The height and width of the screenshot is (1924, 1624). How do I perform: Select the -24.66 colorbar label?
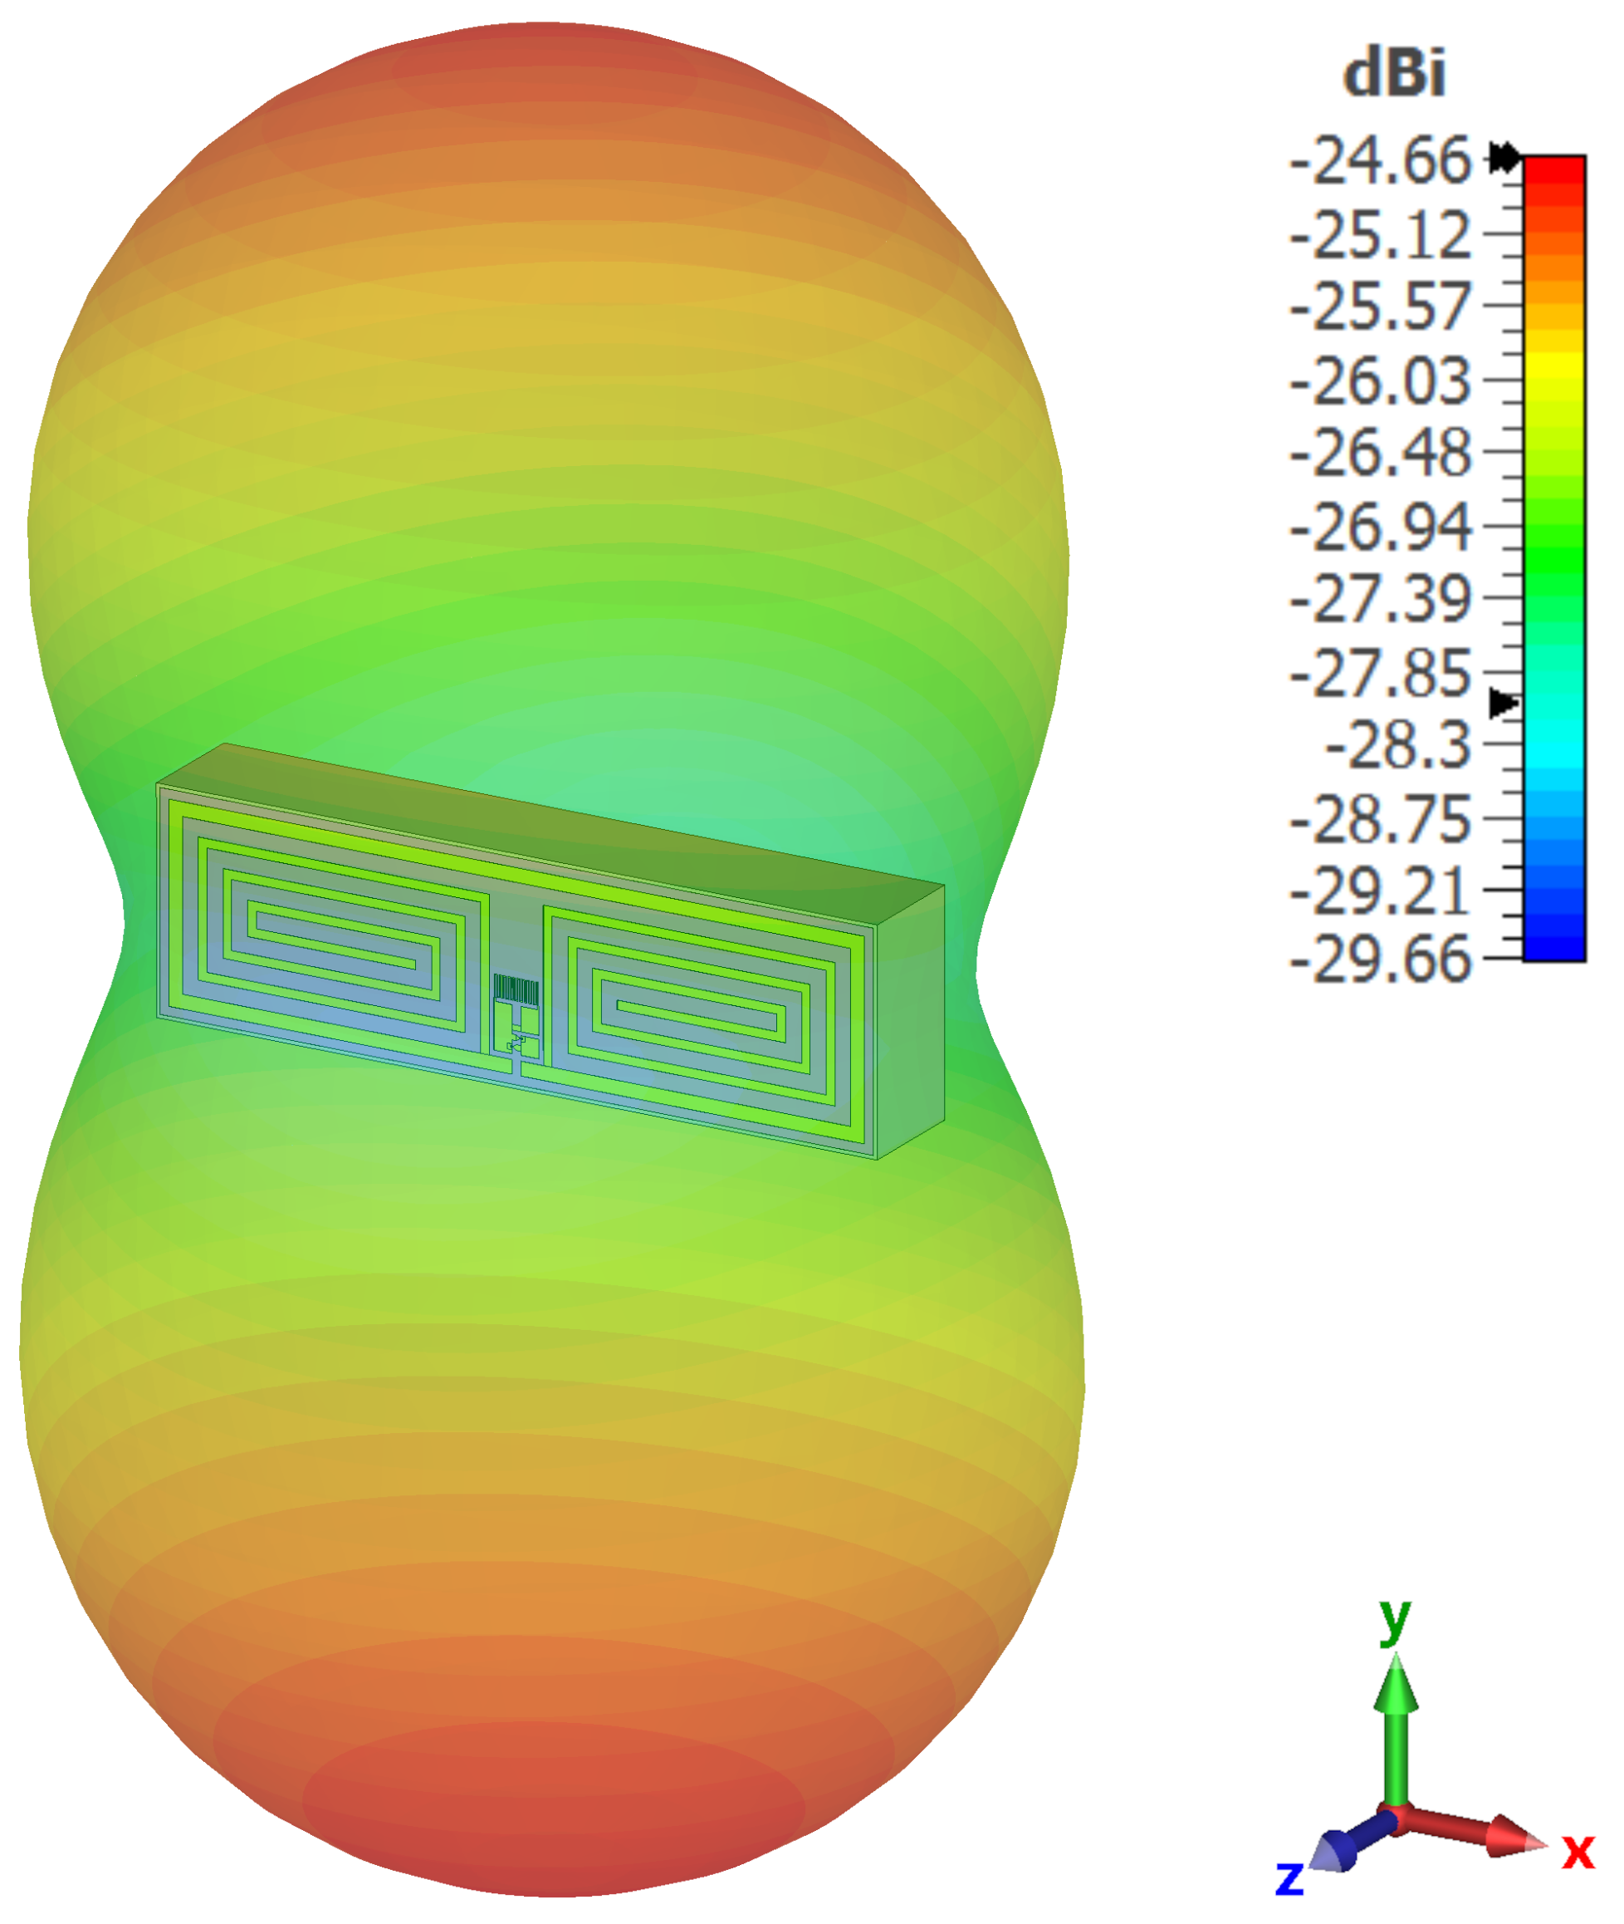(1380, 161)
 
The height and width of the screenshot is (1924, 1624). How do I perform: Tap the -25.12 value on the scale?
(1380, 235)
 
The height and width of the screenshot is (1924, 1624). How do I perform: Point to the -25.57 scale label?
(1380, 307)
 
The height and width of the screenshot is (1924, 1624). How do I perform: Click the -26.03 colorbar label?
(1380, 380)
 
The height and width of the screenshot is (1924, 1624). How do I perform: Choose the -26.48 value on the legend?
(1380, 453)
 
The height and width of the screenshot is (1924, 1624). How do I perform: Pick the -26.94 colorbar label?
(1380, 527)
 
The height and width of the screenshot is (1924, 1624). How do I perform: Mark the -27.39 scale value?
(1380, 599)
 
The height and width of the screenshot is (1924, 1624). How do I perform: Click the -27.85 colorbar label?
(1380, 672)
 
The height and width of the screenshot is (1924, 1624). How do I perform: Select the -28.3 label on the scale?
(1397, 744)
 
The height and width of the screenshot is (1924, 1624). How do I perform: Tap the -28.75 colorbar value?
(1380, 817)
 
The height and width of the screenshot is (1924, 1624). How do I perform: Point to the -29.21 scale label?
(1380, 891)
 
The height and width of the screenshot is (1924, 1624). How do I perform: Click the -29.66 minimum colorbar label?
(1380, 960)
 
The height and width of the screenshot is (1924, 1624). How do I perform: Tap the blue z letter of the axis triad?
(1289, 1875)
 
